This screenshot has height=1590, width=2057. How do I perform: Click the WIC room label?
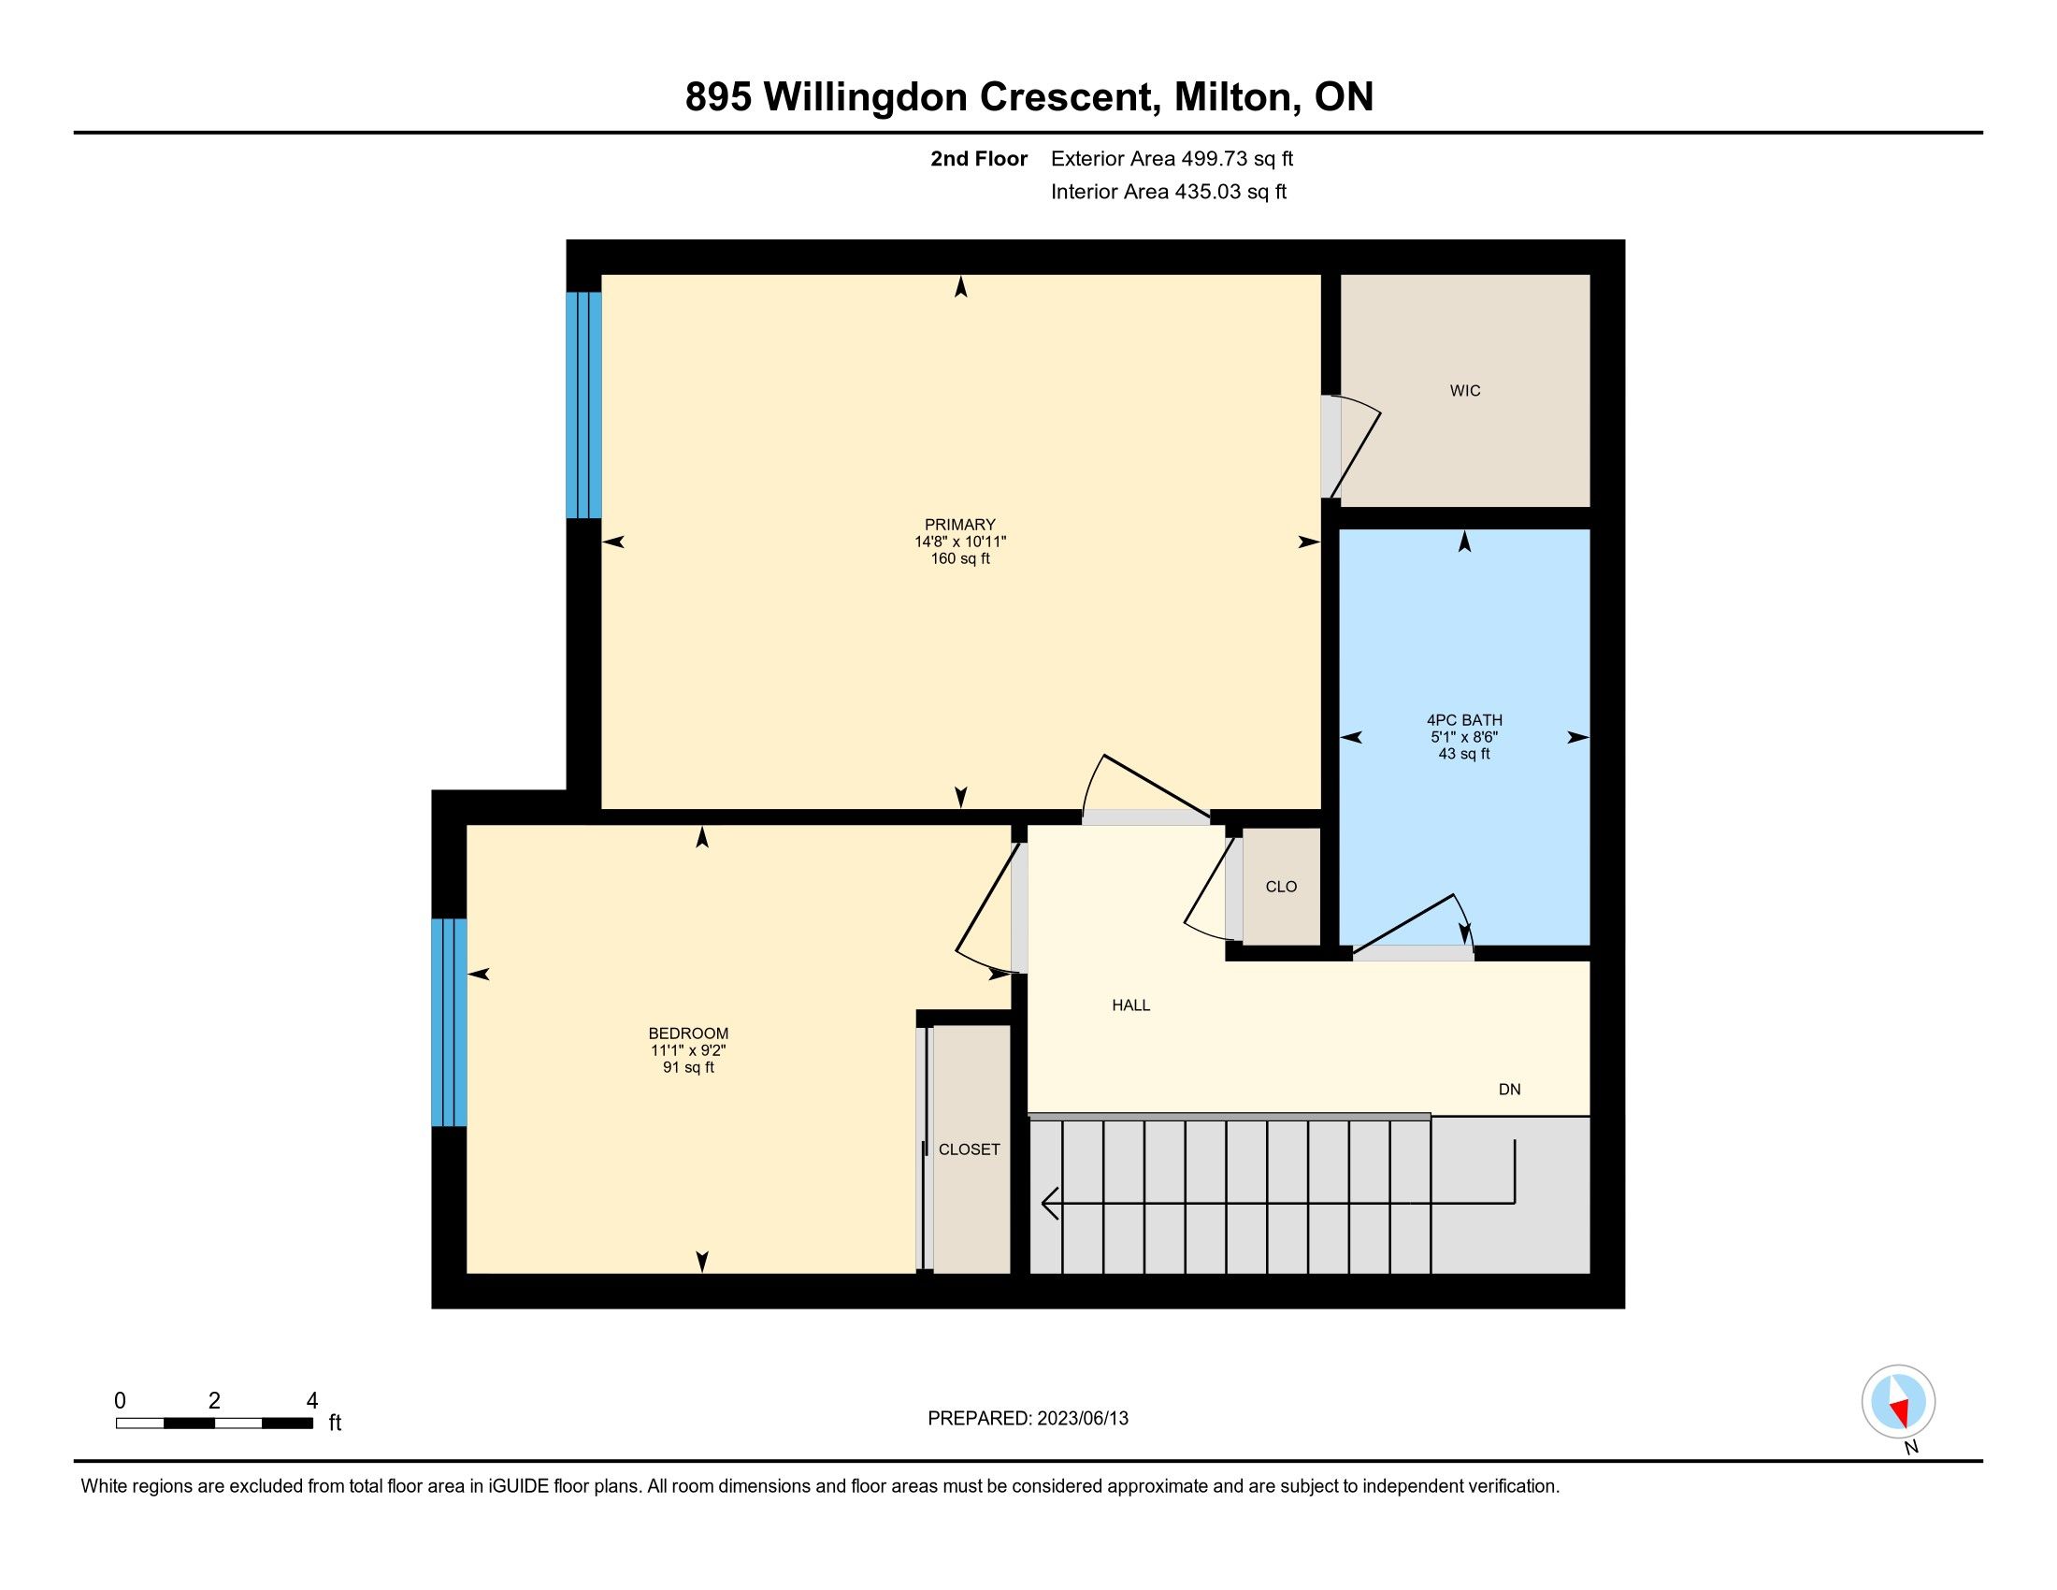pyautogui.click(x=1464, y=391)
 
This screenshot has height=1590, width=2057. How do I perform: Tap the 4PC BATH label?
pyautogui.click(x=1464, y=719)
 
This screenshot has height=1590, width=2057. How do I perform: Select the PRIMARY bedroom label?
pyautogui.click(x=959, y=525)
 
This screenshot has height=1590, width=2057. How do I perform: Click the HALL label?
pyautogui.click(x=1131, y=1005)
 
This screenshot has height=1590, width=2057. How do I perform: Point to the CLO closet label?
pyautogui.click(x=1281, y=887)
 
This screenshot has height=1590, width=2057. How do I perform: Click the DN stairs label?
pyautogui.click(x=1510, y=1089)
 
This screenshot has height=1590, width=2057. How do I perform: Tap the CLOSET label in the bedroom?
pyautogui.click(x=970, y=1149)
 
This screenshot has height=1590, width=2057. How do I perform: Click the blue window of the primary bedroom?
pyautogui.click(x=583, y=405)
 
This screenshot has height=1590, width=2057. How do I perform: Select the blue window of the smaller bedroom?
pyautogui.click(x=449, y=1022)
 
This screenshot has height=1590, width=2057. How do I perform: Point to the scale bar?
pyautogui.click(x=215, y=1424)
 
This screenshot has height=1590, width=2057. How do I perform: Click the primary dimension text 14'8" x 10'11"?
pyautogui.click(x=959, y=542)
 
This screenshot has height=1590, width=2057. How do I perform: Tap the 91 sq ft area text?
pyautogui.click(x=688, y=1067)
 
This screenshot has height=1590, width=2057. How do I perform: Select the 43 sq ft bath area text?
pyautogui.click(x=1464, y=754)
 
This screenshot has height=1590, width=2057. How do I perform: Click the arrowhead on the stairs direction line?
pyautogui.click(x=1048, y=1203)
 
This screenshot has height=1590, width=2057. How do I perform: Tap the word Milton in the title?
pyautogui.click(x=1232, y=97)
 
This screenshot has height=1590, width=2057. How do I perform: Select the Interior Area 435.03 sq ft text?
pyautogui.click(x=1168, y=192)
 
